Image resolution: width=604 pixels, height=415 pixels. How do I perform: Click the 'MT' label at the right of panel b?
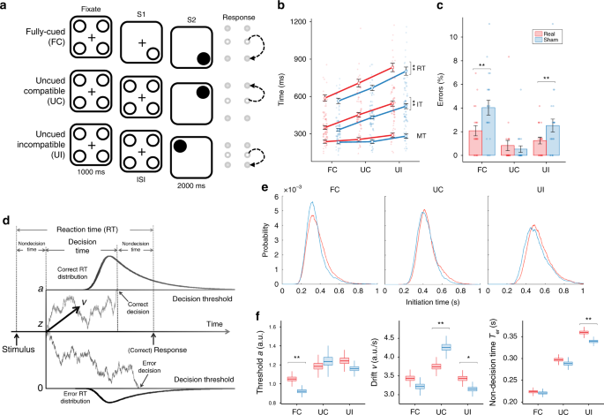point(422,135)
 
